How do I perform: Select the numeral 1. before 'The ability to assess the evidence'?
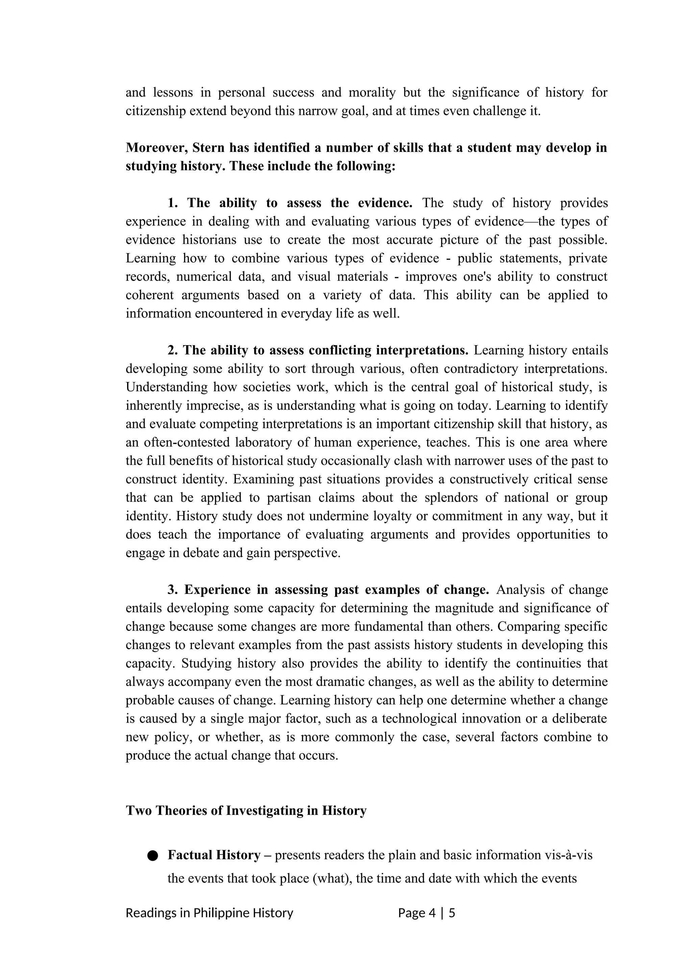(x=173, y=203)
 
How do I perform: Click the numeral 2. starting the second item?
(x=173, y=350)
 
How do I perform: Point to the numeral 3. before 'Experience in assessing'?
(x=173, y=590)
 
